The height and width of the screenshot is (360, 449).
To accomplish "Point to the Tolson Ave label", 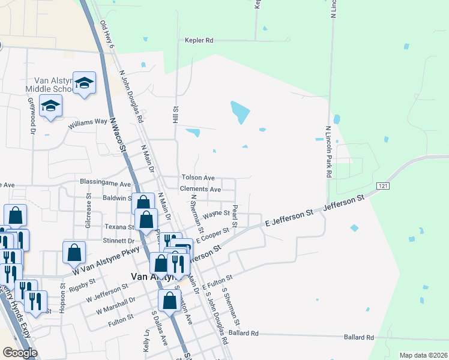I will pyautogui.click(x=198, y=178).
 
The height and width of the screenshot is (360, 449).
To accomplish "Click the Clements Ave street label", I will pyautogui.click(x=200, y=189).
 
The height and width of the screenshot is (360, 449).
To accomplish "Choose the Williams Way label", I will pyautogui.click(x=88, y=124).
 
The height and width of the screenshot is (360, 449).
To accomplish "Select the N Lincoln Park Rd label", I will pyautogui.click(x=329, y=152).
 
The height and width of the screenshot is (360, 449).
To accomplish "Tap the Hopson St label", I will pyautogui.click(x=62, y=294).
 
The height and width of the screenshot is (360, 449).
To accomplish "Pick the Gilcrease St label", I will pyautogui.click(x=88, y=212).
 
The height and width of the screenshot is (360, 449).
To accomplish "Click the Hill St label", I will pyautogui.click(x=176, y=116).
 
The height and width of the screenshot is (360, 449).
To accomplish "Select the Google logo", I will pyautogui.click(x=20, y=353).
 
